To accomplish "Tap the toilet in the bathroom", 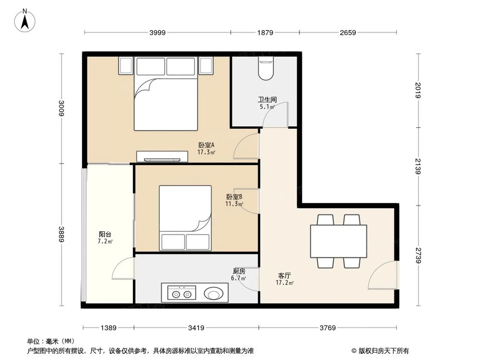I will (265, 68).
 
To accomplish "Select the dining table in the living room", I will (338, 241).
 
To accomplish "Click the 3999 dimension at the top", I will (157, 33).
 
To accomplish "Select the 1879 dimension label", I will (265, 33).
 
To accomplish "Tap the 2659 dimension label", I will (348, 33).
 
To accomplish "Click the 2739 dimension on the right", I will (418, 255).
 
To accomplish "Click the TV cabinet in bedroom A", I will (162, 156).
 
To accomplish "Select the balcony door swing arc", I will (123, 269).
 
